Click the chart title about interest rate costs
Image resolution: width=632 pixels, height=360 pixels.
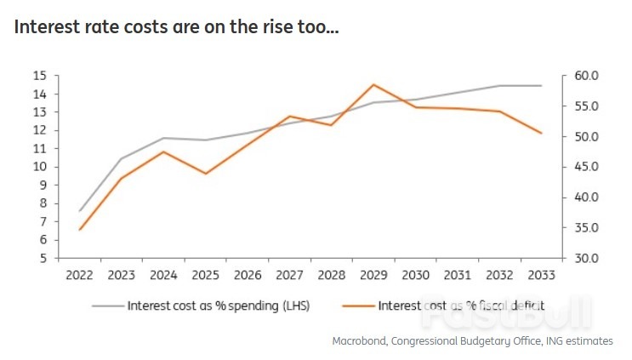click(x=177, y=27)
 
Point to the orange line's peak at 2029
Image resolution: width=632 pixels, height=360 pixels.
click(x=373, y=84)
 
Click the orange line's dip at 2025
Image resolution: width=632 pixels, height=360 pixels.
click(x=205, y=174)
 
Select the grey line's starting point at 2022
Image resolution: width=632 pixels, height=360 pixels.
click(x=80, y=210)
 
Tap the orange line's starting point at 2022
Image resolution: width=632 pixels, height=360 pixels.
click(x=80, y=230)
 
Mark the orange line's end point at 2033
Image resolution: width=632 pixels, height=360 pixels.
click(x=542, y=133)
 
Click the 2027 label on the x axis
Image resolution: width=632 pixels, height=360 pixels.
click(x=289, y=275)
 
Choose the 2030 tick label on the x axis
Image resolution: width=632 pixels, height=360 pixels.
click(x=415, y=275)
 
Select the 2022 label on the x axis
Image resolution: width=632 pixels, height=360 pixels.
click(x=80, y=275)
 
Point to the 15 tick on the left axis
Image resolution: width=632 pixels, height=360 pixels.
click(x=39, y=76)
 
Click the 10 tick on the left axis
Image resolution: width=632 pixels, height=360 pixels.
click(x=39, y=167)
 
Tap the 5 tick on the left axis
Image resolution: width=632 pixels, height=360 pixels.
click(x=42, y=258)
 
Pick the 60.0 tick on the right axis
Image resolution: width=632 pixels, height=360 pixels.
click(x=588, y=76)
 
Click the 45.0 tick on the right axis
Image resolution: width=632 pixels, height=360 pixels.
click(x=588, y=167)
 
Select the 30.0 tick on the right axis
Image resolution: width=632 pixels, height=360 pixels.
click(x=588, y=258)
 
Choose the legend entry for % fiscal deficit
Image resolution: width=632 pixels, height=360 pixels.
click(x=460, y=305)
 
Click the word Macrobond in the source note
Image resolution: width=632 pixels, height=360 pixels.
click(x=361, y=340)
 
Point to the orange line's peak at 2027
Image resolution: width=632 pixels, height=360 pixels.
click(x=289, y=116)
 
